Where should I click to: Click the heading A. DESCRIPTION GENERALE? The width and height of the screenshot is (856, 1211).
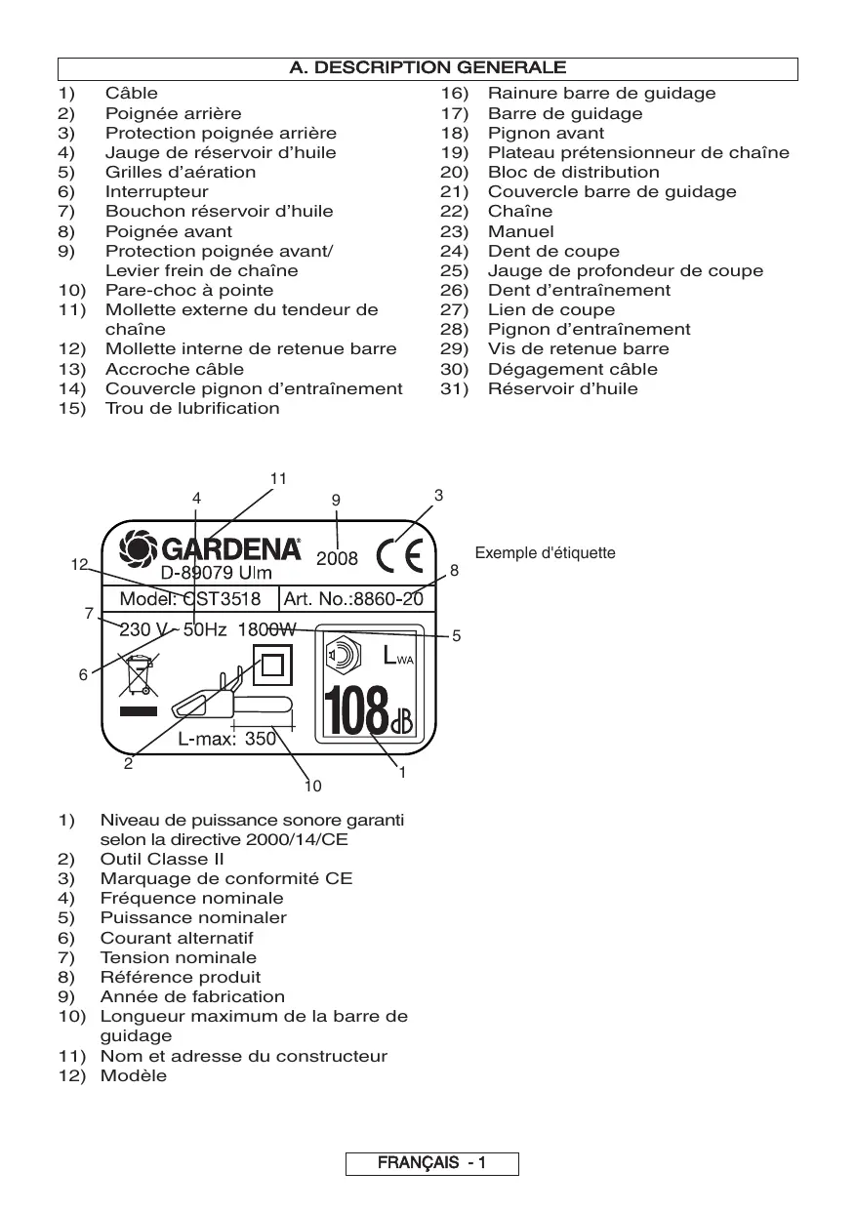click(428, 68)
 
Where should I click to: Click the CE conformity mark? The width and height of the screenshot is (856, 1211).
click(400, 556)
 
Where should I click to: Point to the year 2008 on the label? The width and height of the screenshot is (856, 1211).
click(338, 560)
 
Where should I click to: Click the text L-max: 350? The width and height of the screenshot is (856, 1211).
click(226, 740)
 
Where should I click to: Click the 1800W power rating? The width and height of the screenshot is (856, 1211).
click(266, 630)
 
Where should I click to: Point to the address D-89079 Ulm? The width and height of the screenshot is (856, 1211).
click(217, 574)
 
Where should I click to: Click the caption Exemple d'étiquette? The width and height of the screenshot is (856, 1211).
click(545, 553)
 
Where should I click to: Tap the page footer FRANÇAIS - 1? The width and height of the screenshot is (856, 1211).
click(431, 1163)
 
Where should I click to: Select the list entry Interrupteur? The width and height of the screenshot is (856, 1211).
click(156, 192)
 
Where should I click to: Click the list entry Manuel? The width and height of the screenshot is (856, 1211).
click(520, 231)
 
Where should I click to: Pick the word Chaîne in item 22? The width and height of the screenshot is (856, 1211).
click(519, 212)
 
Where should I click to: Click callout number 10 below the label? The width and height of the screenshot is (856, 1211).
click(312, 786)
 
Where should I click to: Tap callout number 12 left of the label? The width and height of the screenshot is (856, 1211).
click(79, 564)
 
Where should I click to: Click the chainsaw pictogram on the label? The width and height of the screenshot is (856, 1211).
click(231, 700)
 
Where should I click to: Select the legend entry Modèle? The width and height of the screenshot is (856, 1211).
click(134, 1075)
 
